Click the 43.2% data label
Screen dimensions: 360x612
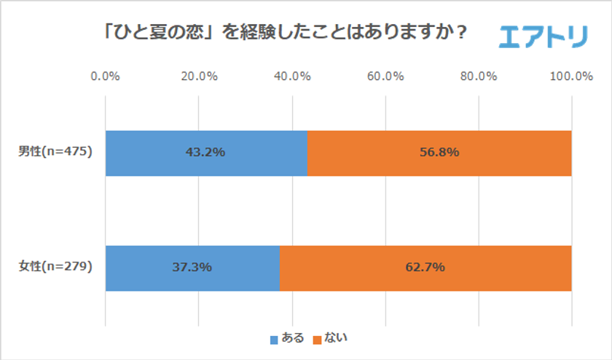click(207, 153)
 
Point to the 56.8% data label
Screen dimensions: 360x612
click(439, 153)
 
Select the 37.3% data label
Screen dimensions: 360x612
click(193, 267)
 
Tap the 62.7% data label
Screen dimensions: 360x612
click(425, 267)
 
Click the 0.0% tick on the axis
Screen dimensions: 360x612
click(106, 76)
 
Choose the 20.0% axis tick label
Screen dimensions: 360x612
click(199, 76)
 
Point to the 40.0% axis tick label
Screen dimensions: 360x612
click(292, 76)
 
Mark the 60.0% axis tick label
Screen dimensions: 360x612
click(385, 76)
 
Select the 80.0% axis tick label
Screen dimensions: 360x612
click(479, 76)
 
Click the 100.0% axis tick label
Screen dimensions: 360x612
click(571, 76)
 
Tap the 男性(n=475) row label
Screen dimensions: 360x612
click(55, 152)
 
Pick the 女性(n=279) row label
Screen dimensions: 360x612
click(55, 267)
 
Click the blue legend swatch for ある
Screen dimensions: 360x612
click(274, 339)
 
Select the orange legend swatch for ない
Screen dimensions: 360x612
click(317, 339)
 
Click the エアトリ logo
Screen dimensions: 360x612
click(543, 34)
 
